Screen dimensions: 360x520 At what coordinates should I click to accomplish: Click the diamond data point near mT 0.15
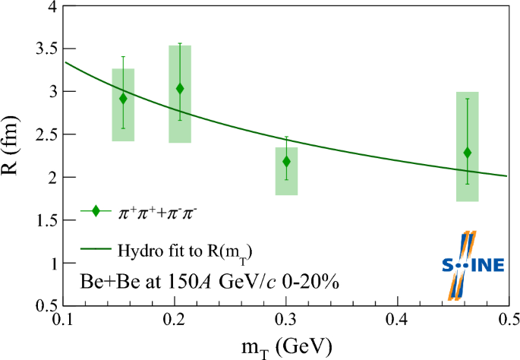pyautogui.click(x=123, y=99)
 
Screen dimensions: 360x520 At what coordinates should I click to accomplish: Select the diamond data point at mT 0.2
pyautogui.click(x=180, y=89)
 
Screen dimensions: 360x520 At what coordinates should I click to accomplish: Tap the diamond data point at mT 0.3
pyautogui.click(x=286, y=161)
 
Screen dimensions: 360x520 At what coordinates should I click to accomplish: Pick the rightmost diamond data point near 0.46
pyautogui.click(x=468, y=153)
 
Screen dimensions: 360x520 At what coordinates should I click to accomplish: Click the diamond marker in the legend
pyautogui.click(x=96, y=211)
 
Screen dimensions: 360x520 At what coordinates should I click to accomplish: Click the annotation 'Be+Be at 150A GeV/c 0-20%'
pyautogui.click(x=209, y=282)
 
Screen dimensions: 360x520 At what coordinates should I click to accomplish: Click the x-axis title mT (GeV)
pyautogui.click(x=285, y=347)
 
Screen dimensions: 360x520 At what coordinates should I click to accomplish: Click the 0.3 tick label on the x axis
pyautogui.click(x=286, y=319)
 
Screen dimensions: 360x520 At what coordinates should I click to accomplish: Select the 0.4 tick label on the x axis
pyautogui.click(x=397, y=319)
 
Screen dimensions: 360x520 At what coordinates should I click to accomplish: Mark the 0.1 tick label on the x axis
pyautogui.click(x=65, y=319)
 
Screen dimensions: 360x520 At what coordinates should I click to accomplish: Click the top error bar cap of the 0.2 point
pyautogui.click(x=180, y=43)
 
